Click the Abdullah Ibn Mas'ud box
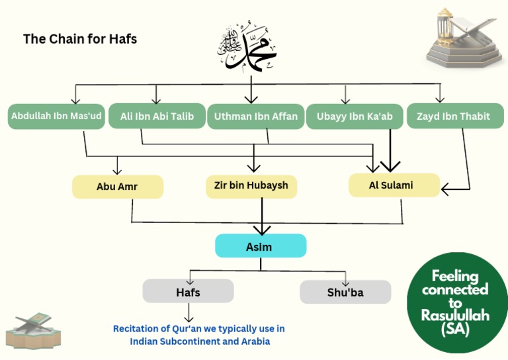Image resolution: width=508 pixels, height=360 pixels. (x=56, y=116)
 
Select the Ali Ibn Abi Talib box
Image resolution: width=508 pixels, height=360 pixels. (x=157, y=116)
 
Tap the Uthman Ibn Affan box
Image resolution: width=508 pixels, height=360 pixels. (x=255, y=116)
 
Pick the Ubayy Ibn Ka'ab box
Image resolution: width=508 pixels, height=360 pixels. (x=355, y=116)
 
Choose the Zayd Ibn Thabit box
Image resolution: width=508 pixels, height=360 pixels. (x=453, y=116)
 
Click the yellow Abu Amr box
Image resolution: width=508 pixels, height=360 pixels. (x=117, y=187)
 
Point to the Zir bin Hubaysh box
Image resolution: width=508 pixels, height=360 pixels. (x=251, y=186)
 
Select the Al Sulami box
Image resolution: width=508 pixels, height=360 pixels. (x=394, y=185)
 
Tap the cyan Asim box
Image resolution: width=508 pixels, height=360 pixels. (x=261, y=246)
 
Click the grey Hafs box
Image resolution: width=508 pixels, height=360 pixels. (x=188, y=291)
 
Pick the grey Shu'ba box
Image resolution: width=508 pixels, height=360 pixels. (x=345, y=292)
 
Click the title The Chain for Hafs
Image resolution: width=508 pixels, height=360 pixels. (x=80, y=39)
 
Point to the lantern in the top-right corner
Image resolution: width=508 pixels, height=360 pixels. (x=456, y=36)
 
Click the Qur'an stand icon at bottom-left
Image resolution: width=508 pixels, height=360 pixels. (x=28, y=330)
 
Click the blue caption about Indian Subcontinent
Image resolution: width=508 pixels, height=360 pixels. (x=198, y=335)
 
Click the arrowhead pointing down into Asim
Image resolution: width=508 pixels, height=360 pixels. (x=262, y=230)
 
